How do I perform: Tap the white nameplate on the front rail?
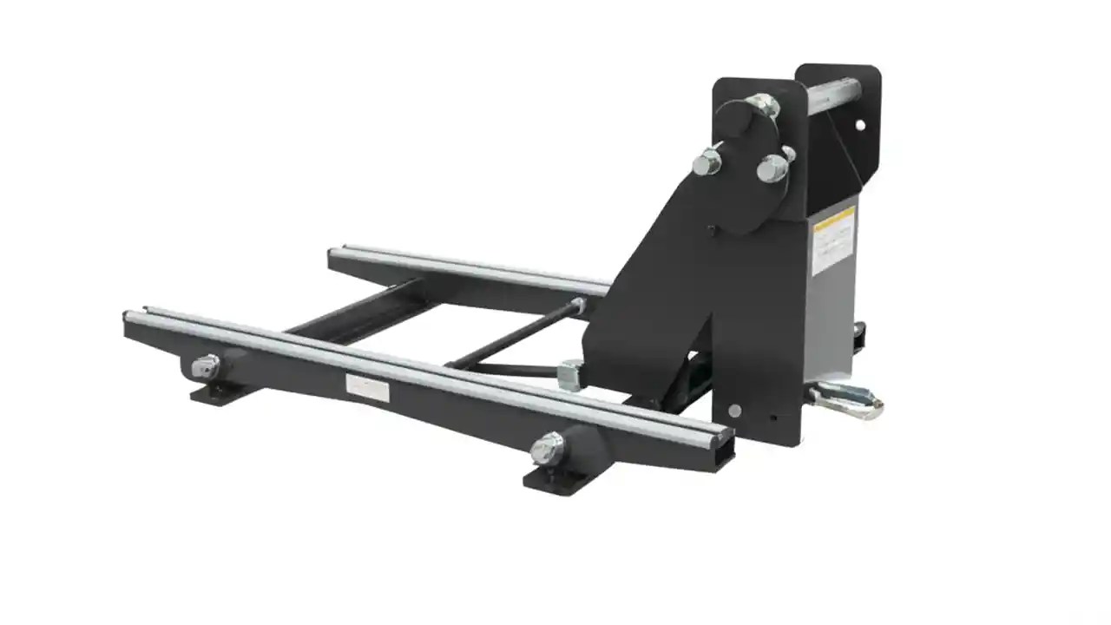(x=367, y=387)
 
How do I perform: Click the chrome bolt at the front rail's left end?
(x=205, y=366)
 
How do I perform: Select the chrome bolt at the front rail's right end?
(x=547, y=448)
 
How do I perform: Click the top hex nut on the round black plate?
(x=763, y=106)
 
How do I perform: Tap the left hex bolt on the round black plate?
(x=707, y=161)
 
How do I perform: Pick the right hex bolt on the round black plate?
(x=772, y=168)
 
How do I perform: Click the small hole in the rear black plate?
(x=859, y=125)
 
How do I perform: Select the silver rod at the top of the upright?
(x=833, y=89)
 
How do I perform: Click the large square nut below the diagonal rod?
(x=570, y=374)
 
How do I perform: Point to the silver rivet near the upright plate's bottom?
(x=735, y=410)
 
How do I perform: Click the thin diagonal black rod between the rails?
(x=512, y=333)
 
